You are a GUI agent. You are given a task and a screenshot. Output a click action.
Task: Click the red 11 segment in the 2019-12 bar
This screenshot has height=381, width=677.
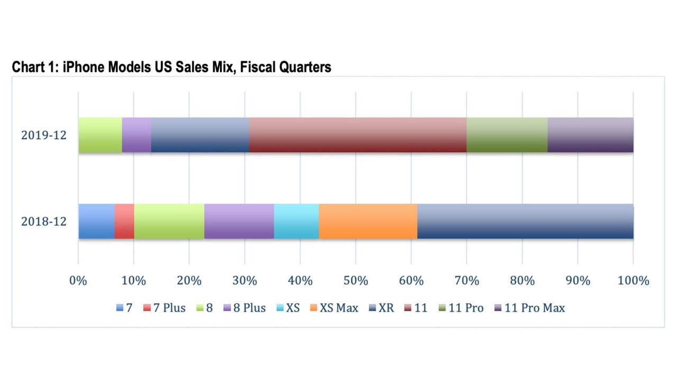(x=358, y=135)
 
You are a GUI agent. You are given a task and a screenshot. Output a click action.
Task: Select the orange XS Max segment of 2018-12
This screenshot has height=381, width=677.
(x=368, y=221)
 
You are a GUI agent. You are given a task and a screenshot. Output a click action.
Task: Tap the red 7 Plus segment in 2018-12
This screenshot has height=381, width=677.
(x=124, y=221)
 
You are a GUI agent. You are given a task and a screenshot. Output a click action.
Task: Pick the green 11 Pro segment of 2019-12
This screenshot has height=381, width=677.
(x=507, y=135)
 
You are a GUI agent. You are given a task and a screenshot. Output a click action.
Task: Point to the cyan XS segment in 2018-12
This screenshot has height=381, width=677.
(x=296, y=221)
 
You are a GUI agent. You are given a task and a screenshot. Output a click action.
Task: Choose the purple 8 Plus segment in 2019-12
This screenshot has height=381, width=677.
(x=136, y=135)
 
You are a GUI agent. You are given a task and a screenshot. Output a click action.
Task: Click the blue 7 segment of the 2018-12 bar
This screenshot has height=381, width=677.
(x=96, y=221)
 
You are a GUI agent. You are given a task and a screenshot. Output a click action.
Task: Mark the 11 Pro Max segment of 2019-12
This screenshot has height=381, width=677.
(x=590, y=135)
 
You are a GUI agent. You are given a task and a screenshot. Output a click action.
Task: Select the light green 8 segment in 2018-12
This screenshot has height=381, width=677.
(x=169, y=221)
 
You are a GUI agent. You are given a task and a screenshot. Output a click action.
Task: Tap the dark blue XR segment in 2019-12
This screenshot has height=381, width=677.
(x=200, y=135)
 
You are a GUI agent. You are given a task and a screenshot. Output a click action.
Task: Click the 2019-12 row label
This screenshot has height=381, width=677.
(x=44, y=135)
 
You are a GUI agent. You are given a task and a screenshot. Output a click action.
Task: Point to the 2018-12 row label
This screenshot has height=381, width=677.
(x=44, y=221)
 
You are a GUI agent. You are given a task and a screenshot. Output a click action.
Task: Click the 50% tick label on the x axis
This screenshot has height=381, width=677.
(x=355, y=280)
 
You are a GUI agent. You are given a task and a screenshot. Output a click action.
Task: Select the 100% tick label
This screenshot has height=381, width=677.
(x=633, y=280)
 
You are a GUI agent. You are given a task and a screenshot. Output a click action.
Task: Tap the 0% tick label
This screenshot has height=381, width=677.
(x=78, y=280)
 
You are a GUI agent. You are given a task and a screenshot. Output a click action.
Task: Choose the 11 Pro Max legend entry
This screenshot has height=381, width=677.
(x=529, y=307)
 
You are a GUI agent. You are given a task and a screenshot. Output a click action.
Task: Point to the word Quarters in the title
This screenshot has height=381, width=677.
(x=307, y=67)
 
